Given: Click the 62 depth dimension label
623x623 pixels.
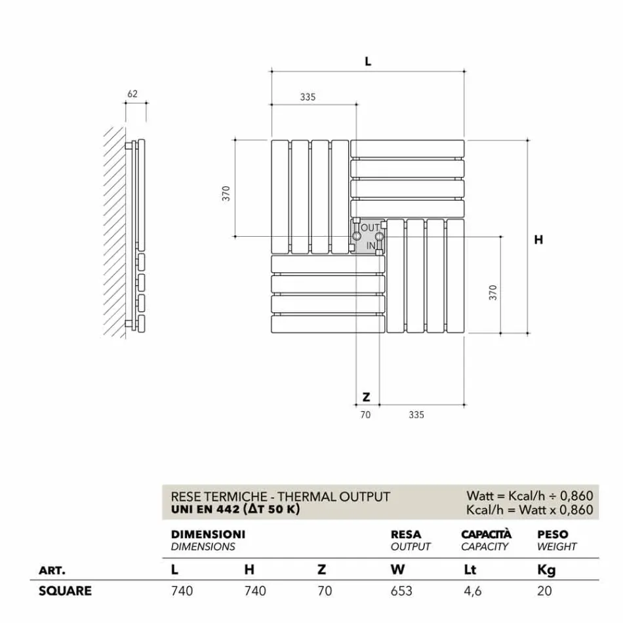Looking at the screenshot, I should (x=132, y=94).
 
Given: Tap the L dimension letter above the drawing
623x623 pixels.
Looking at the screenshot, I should (x=368, y=61).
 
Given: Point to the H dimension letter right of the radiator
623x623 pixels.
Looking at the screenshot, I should (x=538, y=240).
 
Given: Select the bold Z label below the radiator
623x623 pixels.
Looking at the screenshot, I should (x=366, y=397).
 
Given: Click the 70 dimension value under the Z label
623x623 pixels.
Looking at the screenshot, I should (x=366, y=414).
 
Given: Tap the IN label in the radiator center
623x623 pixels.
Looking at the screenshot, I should (x=371, y=245).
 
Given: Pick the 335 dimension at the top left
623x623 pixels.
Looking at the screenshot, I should (x=308, y=97).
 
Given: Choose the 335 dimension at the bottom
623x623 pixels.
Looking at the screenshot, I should (x=416, y=414).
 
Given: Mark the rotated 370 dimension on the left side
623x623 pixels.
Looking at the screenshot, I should (x=226, y=193).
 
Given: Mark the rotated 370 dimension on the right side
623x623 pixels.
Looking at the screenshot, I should (x=493, y=292).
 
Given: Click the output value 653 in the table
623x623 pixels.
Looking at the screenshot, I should (x=401, y=591).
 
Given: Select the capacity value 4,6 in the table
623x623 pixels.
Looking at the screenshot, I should (x=472, y=591).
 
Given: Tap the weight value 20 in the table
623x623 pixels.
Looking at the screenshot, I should (x=544, y=591).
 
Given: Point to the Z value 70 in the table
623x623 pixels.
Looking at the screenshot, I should (x=325, y=591).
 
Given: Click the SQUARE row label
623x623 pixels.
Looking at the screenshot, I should (x=65, y=591).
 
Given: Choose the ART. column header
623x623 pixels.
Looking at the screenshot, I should (x=52, y=570).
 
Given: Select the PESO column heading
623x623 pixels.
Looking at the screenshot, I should (x=552, y=534).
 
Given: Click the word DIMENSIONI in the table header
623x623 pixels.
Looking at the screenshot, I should (x=208, y=534).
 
